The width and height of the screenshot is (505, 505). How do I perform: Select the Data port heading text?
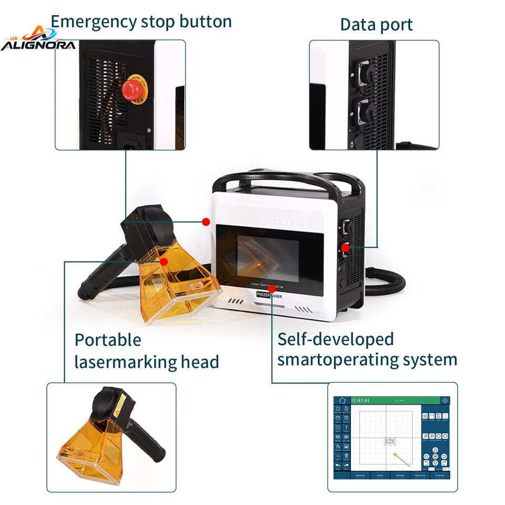[376, 24]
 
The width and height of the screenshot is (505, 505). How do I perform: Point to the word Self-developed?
[335, 339]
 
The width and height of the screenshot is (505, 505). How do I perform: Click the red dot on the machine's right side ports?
[345, 247]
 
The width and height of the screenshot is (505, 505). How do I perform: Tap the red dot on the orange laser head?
[164, 261]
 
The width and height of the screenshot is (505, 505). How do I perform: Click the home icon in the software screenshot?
[342, 401]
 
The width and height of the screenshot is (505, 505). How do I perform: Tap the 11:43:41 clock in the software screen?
[360, 400]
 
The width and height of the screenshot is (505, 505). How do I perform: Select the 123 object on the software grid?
[390, 441]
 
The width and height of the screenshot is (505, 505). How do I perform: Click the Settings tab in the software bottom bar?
[400, 476]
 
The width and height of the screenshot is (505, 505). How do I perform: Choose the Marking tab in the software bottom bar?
[360, 476]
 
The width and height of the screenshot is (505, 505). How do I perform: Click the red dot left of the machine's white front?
[206, 221]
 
